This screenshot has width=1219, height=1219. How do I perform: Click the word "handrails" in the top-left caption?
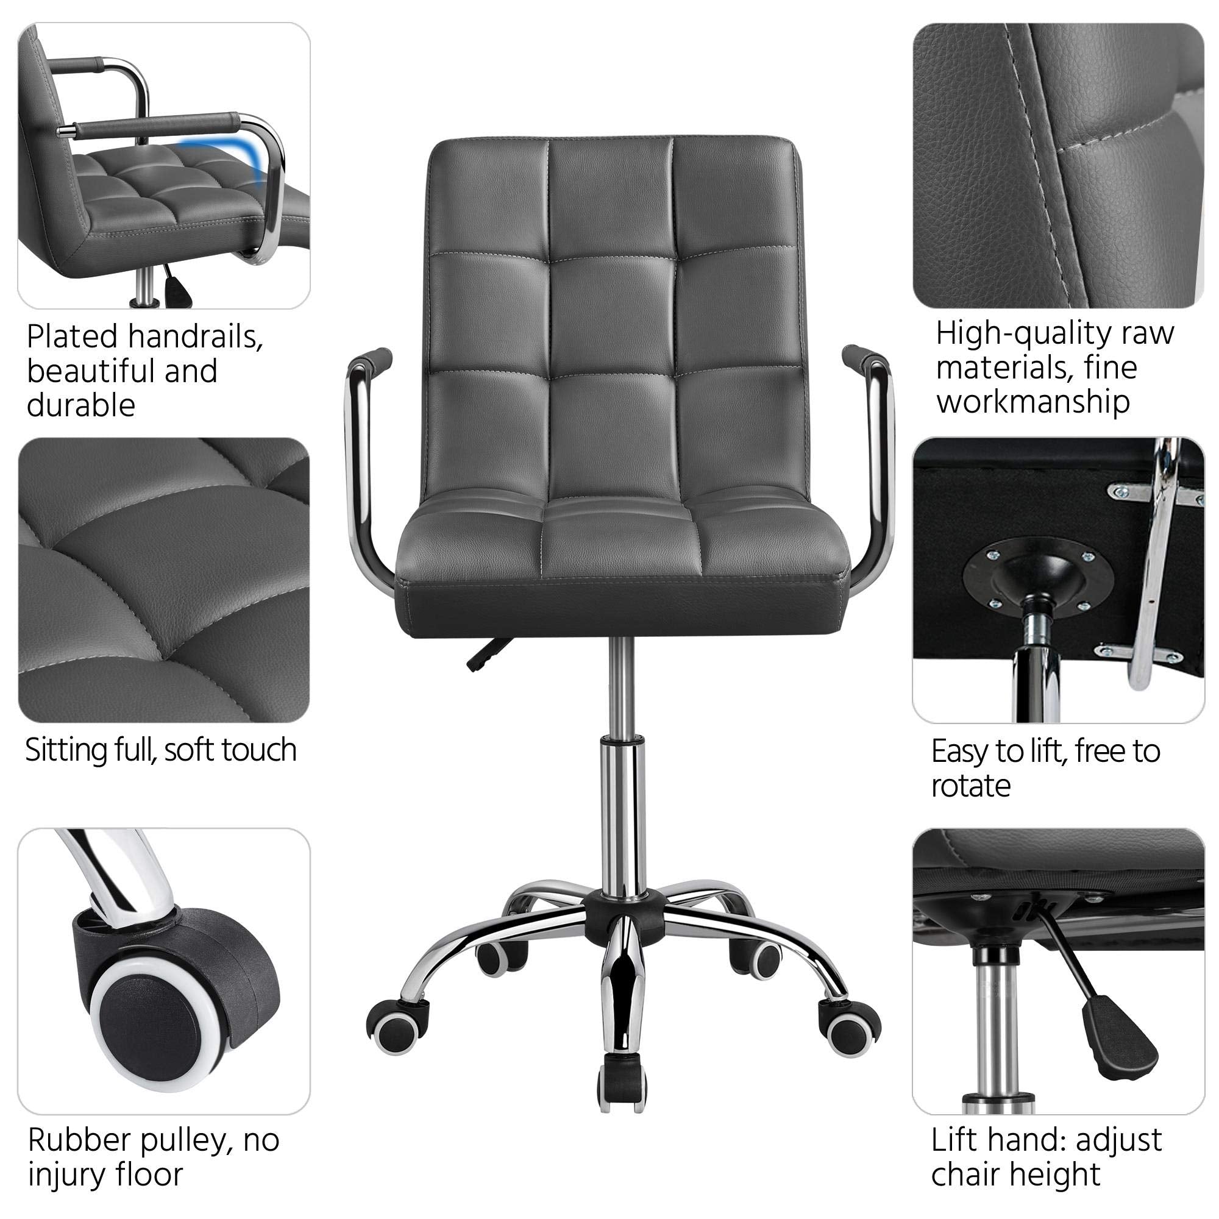click(195, 337)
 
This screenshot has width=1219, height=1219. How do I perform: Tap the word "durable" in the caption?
click(81, 406)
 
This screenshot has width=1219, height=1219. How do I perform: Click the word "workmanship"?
click(1033, 402)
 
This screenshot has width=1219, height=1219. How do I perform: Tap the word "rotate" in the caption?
click(970, 786)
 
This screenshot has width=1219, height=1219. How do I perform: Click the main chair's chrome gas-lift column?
click(621, 789)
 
